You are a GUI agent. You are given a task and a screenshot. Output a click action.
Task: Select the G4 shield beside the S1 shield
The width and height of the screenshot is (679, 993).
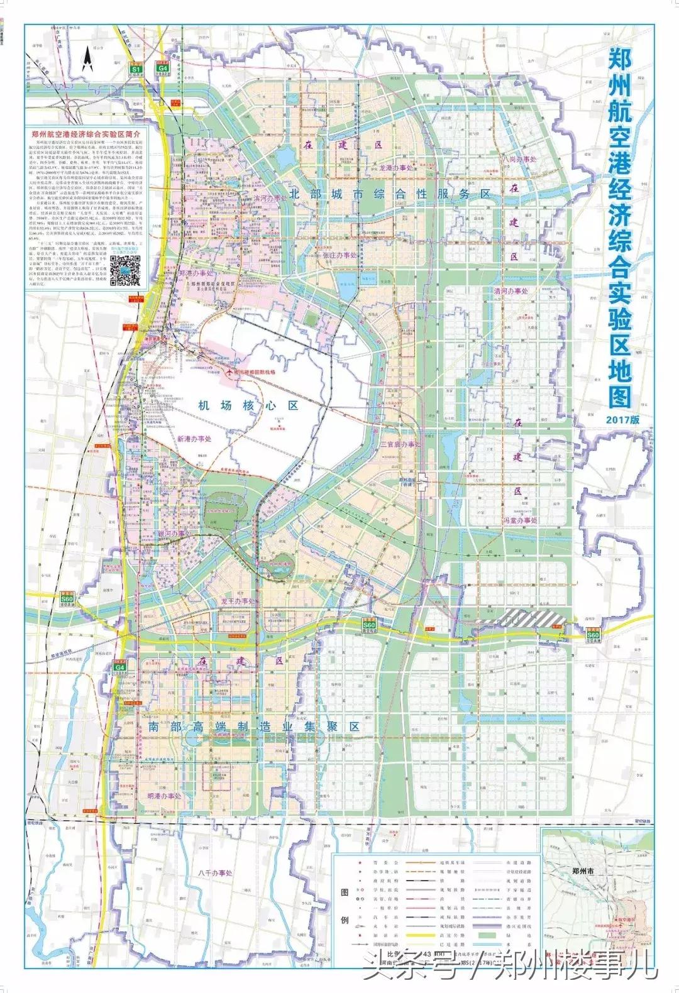(163, 67)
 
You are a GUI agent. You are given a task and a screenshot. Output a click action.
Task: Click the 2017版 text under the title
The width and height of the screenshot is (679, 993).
(623, 419)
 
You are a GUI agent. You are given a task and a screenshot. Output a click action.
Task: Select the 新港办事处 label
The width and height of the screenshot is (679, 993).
(194, 439)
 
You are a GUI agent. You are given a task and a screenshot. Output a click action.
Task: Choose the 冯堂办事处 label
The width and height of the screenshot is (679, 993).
(520, 520)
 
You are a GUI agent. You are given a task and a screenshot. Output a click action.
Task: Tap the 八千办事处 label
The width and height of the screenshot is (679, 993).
(215, 873)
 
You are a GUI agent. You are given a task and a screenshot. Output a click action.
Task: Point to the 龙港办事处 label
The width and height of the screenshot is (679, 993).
(395, 168)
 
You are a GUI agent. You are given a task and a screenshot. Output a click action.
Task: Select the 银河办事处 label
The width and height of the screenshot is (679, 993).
(173, 533)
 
